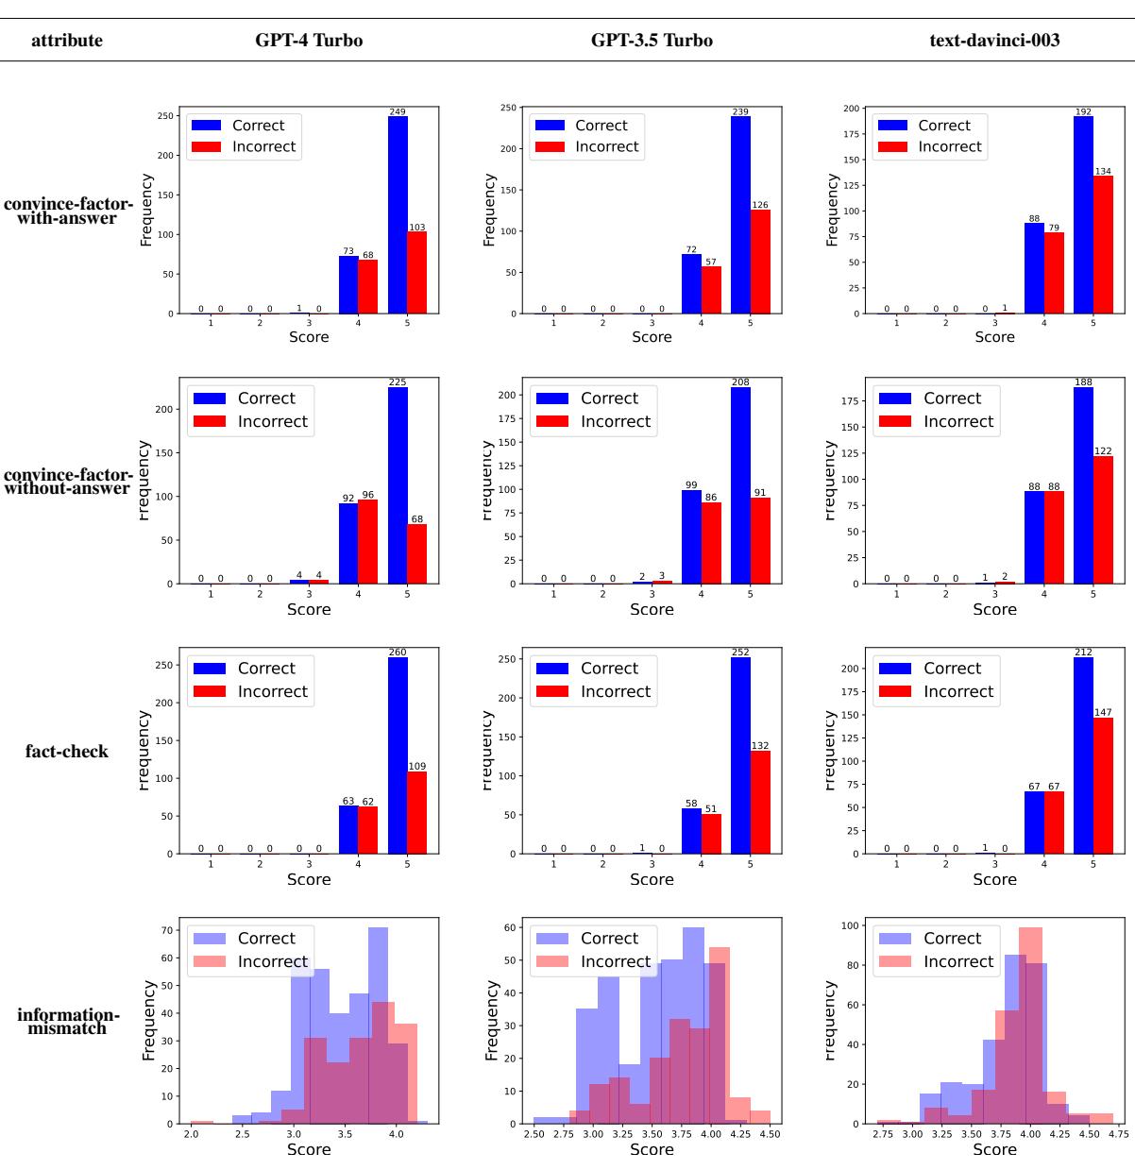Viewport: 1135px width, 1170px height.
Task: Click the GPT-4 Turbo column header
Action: coord(309,42)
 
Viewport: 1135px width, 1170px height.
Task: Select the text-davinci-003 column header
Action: coord(994,42)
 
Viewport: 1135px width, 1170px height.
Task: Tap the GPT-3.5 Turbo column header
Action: coord(652,42)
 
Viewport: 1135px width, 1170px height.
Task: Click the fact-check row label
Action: coord(68,752)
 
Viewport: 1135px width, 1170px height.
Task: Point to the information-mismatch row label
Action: coord(68,1022)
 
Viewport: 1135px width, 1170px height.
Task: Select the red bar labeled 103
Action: coord(417,273)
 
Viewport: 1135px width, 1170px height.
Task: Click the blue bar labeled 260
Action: coord(398,755)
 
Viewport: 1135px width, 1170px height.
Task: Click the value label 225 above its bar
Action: coord(398,382)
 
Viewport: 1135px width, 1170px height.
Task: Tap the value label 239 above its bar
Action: coord(740,111)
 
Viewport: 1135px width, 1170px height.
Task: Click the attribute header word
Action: coord(67,42)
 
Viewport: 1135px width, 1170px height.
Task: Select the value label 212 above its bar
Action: coord(1083,653)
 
